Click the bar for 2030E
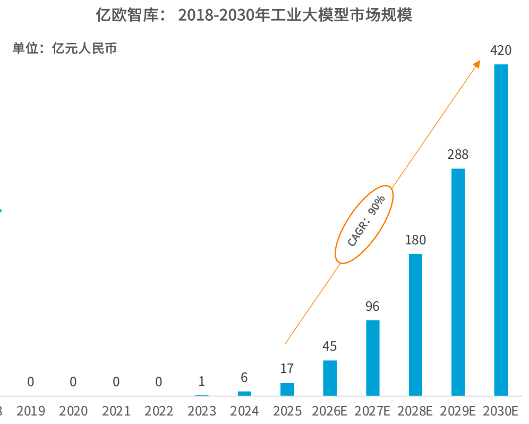(x=501, y=230)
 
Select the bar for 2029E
(x=458, y=282)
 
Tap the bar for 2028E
(x=415, y=325)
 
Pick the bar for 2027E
(x=373, y=358)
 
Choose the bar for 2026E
(x=330, y=378)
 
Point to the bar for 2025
(x=287, y=389)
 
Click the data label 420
(x=501, y=50)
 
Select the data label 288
(x=458, y=155)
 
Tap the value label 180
(x=415, y=240)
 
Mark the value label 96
(x=373, y=307)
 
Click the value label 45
(x=330, y=346)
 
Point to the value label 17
(x=287, y=369)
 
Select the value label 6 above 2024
(x=244, y=378)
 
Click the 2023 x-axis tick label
(x=202, y=411)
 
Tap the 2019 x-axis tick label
(x=31, y=411)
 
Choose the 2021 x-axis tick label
(x=116, y=411)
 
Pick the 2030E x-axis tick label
(x=500, y=411)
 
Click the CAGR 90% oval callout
(x=364, y=225)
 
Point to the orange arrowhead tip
(x=479, y=62)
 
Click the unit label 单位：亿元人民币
(x=64, y=49)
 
